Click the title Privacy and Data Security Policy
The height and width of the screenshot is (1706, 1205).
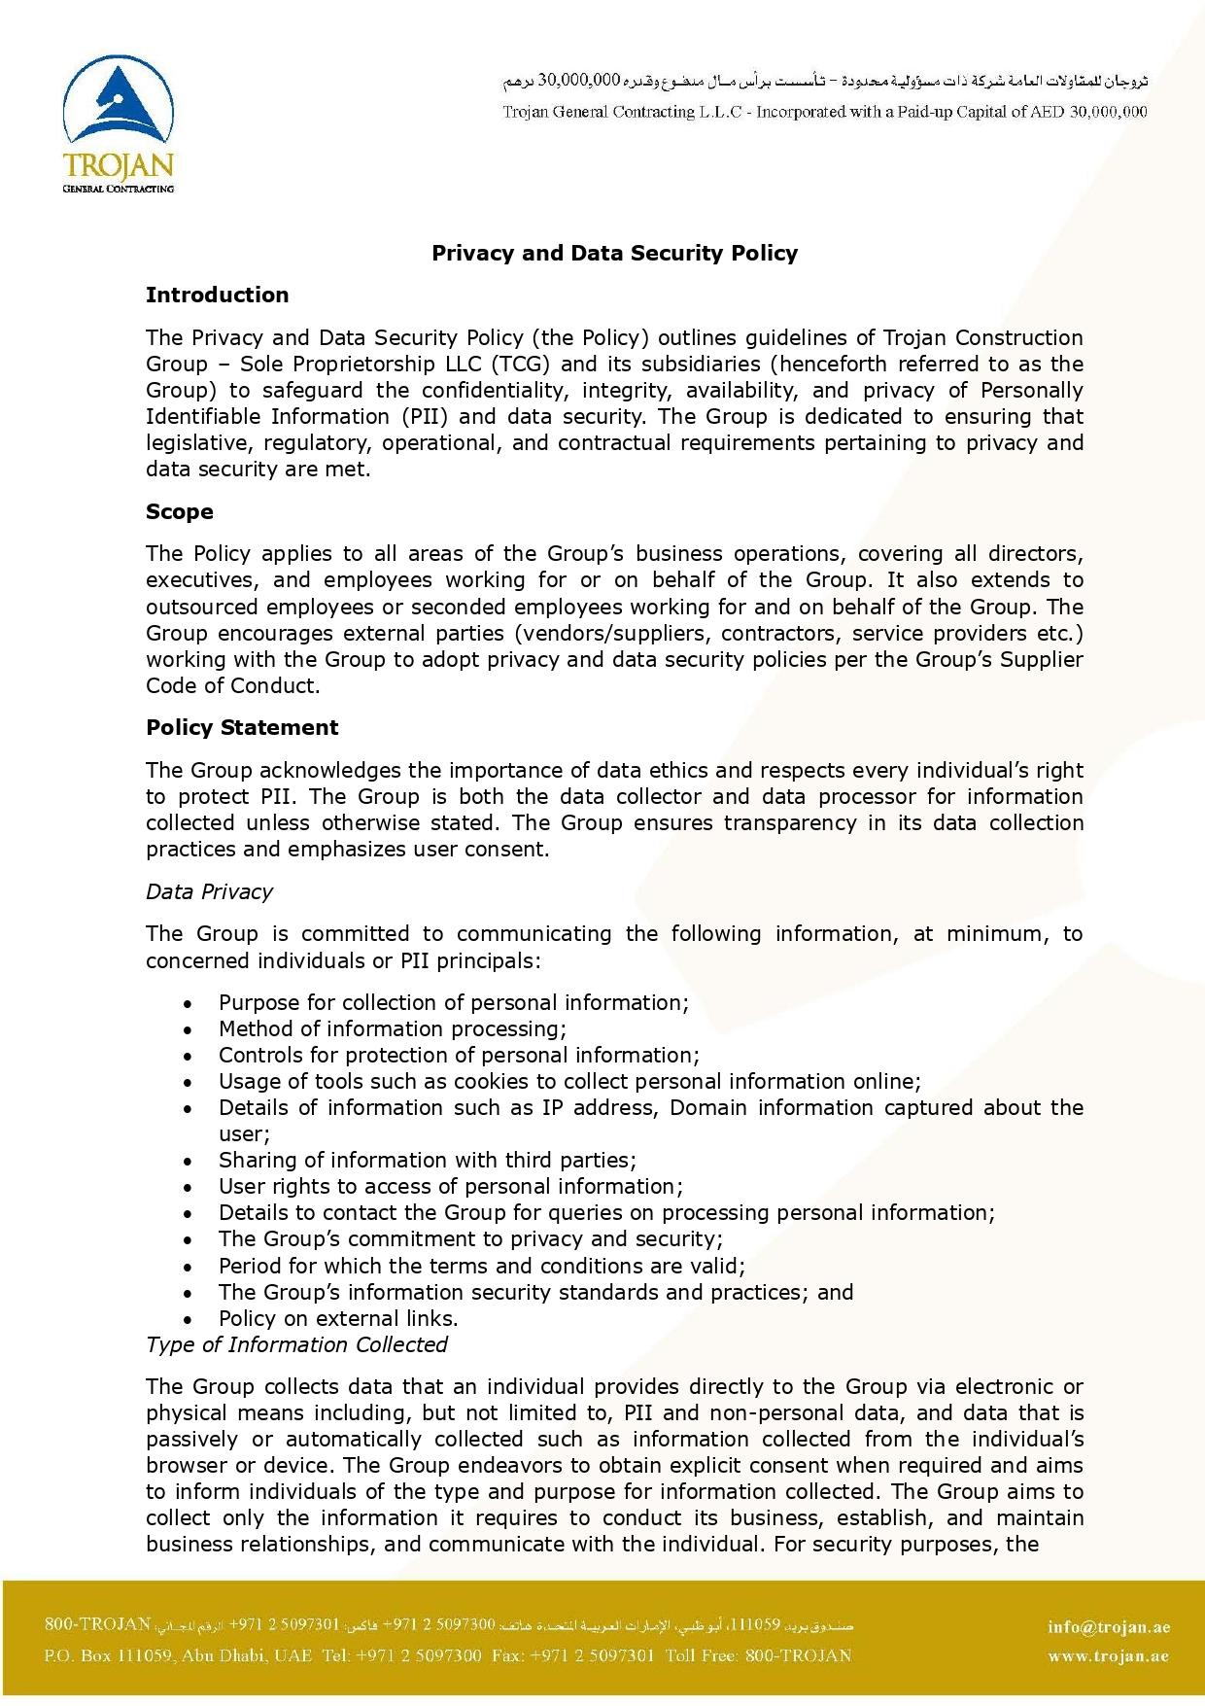[x=614, y=254]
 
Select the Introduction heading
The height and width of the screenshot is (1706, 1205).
[x=217, y=296]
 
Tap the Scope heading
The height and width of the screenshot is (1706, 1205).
[x=180, y=512]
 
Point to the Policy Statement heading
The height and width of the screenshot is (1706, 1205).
[x=242, y=728]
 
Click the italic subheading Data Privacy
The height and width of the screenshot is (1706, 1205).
[x=209, y=892]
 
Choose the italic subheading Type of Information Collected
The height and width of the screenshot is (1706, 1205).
[x=296, y=1345]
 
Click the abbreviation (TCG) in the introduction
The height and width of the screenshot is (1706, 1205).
[x=522, y=365]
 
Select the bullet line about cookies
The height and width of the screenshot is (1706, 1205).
[x=569, y=1082]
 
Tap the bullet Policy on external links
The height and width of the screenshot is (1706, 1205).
[x=338, y=1319]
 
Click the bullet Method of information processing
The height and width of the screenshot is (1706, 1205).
[x=392, y=1029]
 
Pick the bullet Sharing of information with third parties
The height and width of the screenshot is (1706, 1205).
[x=428, y=1161]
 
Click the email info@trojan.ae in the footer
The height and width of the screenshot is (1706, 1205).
[x=1109, y=1627]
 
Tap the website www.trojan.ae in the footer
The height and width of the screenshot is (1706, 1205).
[x=1109, y=1656]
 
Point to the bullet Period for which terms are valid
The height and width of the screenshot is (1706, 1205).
[x=481, y=1267]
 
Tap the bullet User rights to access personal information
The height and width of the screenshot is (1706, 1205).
[x=451, y=1187]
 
